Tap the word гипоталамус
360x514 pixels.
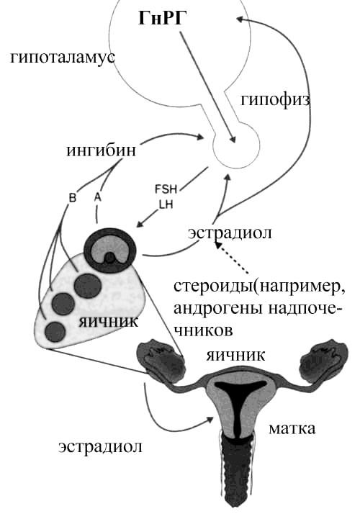pos(63,58)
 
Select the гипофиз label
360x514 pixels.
pos(275,99)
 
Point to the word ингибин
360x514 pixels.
pos(101,151)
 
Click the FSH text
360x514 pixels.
pos(166,189)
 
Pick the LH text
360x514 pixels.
pos(166,204)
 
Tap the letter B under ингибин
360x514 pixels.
pos(73,198)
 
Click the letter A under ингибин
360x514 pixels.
pos(97,197)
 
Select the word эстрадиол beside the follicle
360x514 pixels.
pos(230,233)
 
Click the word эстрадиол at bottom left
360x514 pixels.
pos(100,446)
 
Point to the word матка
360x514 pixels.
pos(292,428)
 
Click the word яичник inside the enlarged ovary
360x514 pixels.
pos(109,322)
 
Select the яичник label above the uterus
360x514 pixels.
pos(235,356)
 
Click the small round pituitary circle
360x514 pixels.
pos(236,145)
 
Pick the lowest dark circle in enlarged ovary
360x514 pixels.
pos(55,332)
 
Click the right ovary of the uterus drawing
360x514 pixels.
pos(323,360)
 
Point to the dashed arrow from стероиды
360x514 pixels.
pos(231,258)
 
